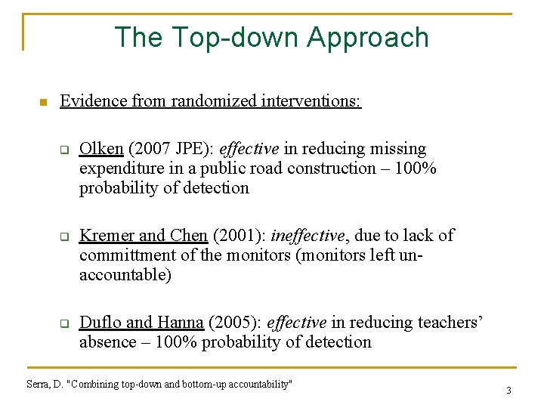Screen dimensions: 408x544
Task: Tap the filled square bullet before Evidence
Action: pos(42,102)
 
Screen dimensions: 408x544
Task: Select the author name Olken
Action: pos(101,149)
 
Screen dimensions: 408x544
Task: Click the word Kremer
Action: pos(106,236)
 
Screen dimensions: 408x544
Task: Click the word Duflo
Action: pos(100,323)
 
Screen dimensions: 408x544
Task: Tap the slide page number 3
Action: pos(508,391)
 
